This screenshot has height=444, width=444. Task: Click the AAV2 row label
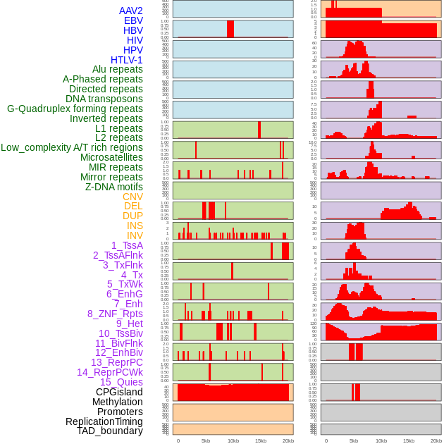tap(130, 11)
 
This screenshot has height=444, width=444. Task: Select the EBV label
tap(133, 20)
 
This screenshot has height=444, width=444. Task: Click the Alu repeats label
tap(117, 69)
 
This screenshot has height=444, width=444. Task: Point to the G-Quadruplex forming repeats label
tap(75, 109)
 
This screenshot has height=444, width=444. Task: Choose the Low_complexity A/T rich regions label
tap(72, 147)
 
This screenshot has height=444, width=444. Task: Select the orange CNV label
tap(132, 197)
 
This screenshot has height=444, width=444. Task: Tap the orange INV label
tap(135, 235)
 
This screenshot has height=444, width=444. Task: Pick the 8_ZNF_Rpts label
tap(115, 314)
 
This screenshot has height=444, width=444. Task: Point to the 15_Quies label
tap(121, 382)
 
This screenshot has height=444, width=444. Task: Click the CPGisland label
tap(119, 392)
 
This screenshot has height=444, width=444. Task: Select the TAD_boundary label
tap(110, 431)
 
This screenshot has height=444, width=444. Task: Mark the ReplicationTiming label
tap(104, 421)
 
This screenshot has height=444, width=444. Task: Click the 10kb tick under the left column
tap(233, 440)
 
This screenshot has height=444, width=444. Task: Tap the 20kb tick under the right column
tap(436, 440)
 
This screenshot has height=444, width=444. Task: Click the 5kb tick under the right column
tap(354, 440)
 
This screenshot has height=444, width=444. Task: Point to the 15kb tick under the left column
tap(261, 440)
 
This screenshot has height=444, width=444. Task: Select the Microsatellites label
tap(111, 157)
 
